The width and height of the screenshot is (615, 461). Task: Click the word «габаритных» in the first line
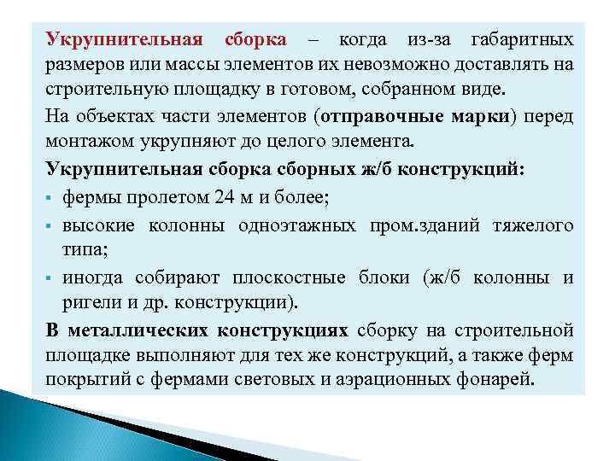click(x=522, y=40)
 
